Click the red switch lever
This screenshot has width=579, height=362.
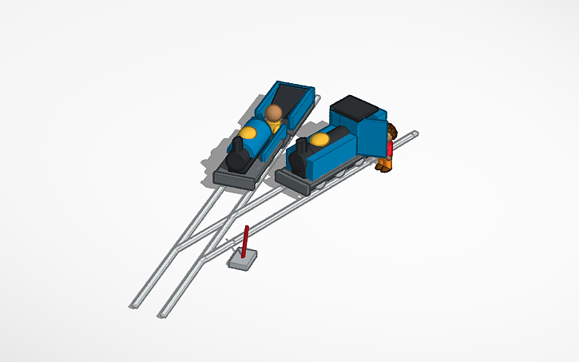245,240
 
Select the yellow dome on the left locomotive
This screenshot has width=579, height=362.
251,130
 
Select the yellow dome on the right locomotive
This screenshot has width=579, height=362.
319,141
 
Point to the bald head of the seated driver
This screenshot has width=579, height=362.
275,112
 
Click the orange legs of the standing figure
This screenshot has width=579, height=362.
387,165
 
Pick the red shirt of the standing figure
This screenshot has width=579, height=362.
390,148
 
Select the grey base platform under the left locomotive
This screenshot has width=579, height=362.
232,177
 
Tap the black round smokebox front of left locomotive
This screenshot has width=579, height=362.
235,162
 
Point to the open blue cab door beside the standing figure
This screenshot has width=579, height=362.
371,136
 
